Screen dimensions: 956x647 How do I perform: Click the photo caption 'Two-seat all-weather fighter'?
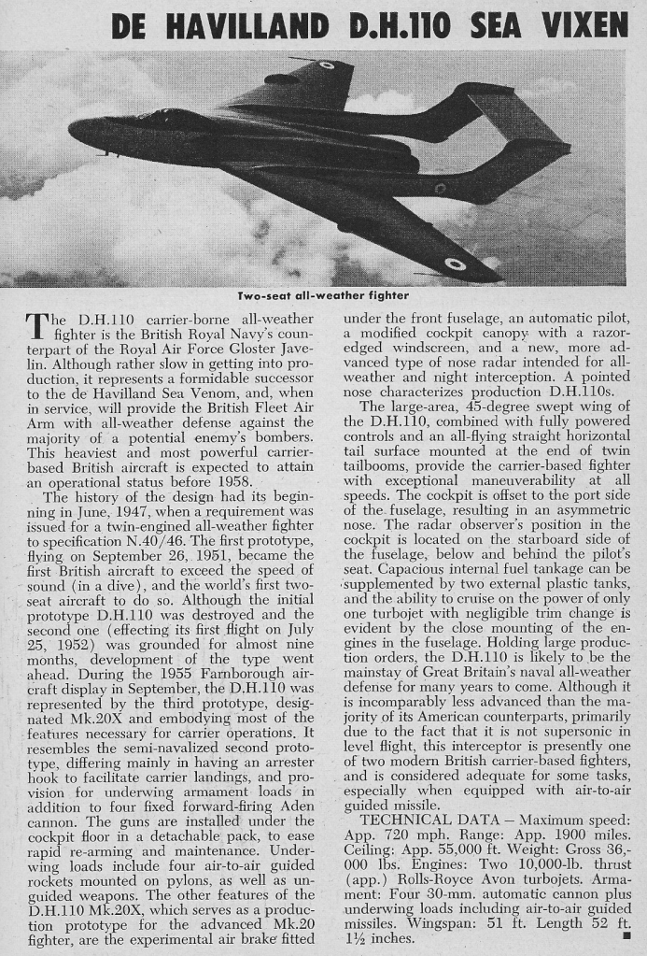323,296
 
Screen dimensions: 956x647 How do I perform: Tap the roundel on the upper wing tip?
326,65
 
